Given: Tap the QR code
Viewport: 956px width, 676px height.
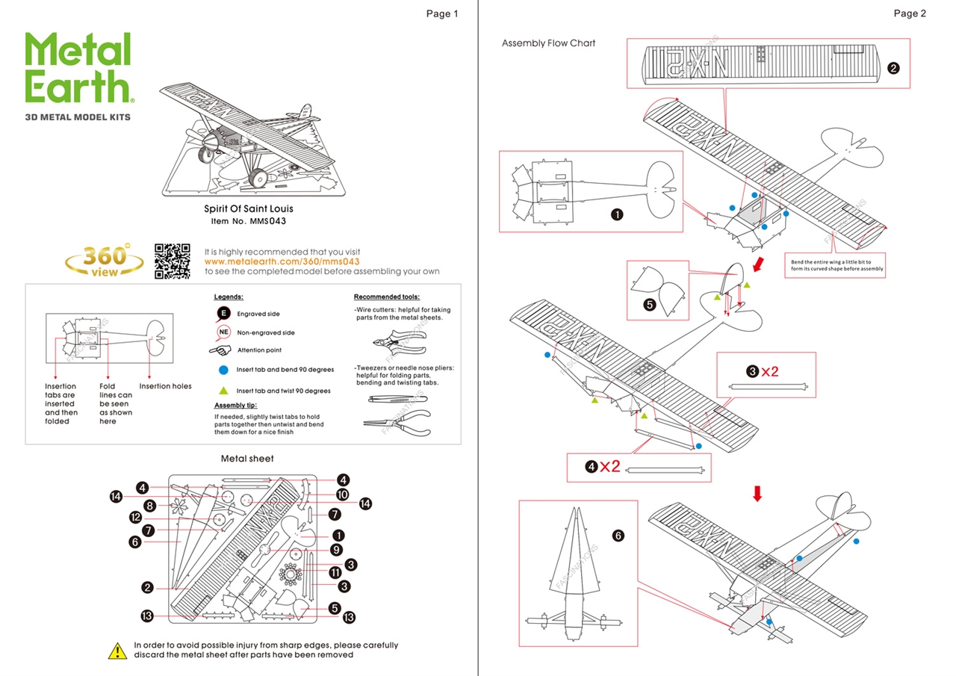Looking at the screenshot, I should [173, 261].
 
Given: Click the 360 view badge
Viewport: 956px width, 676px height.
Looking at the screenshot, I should [105, 261].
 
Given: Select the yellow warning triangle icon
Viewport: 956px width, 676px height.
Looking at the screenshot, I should [118, 651].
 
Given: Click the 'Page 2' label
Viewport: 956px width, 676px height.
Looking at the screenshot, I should [910, 13].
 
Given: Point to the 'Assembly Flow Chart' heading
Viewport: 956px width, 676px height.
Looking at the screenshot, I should [548, 43].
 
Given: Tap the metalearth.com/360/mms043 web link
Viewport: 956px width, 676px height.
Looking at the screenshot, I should [282, 261].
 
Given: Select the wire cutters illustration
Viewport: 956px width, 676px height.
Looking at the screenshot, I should [398, 342].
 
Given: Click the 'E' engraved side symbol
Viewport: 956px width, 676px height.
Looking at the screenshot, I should [223, 314].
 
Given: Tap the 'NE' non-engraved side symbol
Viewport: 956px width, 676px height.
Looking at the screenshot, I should [223, 332].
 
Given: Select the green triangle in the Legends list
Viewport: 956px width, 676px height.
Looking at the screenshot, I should [223, 390].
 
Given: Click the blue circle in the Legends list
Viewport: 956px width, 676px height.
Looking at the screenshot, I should [223, 370].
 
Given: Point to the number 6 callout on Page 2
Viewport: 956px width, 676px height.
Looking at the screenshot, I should [618, 536].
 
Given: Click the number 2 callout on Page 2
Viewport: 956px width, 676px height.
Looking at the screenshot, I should [893, 68].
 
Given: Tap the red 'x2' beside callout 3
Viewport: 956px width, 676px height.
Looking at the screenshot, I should [770, 371].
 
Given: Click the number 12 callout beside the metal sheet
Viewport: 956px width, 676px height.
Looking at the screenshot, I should [135, 517].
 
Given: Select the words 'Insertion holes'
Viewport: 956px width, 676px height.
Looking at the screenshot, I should [165, 386].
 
